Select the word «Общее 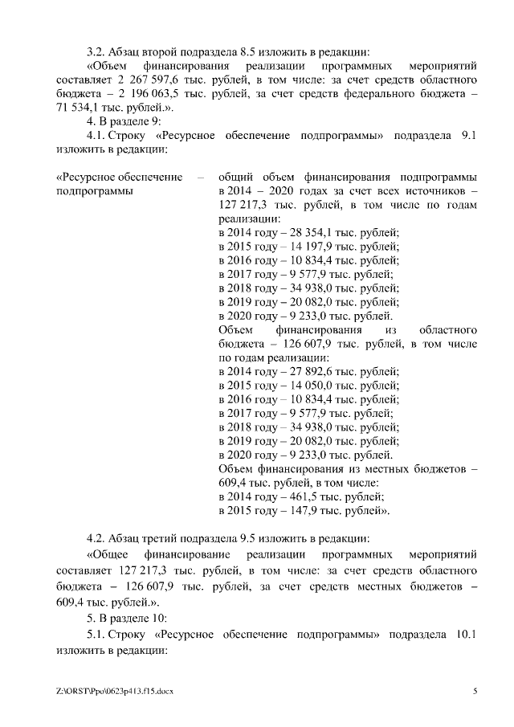pyautogui.click(x=108, y=554)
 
